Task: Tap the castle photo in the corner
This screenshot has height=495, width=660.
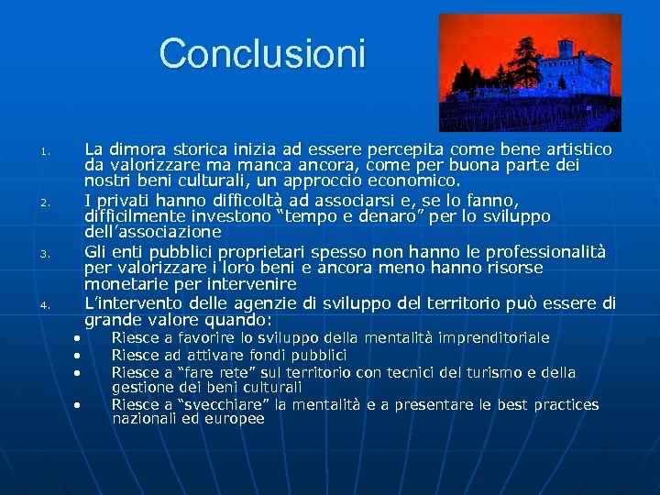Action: click(529, 73)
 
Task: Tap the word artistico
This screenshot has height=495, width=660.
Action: click(577, 148)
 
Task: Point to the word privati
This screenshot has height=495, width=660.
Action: click(126, 200)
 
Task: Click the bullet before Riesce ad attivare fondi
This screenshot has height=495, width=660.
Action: click(79, 355)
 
